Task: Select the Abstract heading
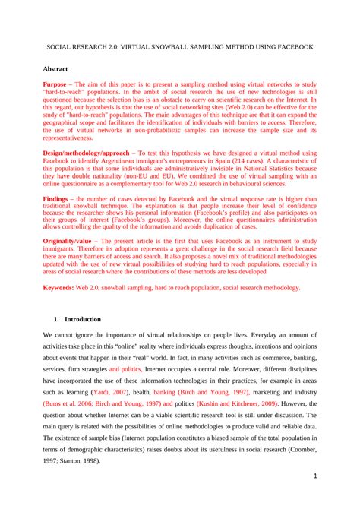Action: tap(57, 68)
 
